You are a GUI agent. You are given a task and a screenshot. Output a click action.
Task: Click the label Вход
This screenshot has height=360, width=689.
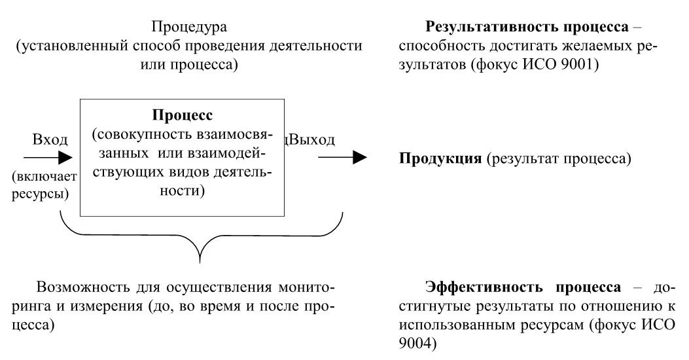[x=50, y=139]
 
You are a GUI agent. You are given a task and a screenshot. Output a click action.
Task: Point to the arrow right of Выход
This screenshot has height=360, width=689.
[x=343, y=157]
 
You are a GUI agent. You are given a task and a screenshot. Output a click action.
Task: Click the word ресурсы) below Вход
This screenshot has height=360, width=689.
[x=41, y=194]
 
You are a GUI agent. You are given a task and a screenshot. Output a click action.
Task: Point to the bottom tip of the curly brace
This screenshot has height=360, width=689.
[x=201, y=263]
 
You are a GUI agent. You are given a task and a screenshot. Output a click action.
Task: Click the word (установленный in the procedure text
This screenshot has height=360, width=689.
[x=62, y=46]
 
